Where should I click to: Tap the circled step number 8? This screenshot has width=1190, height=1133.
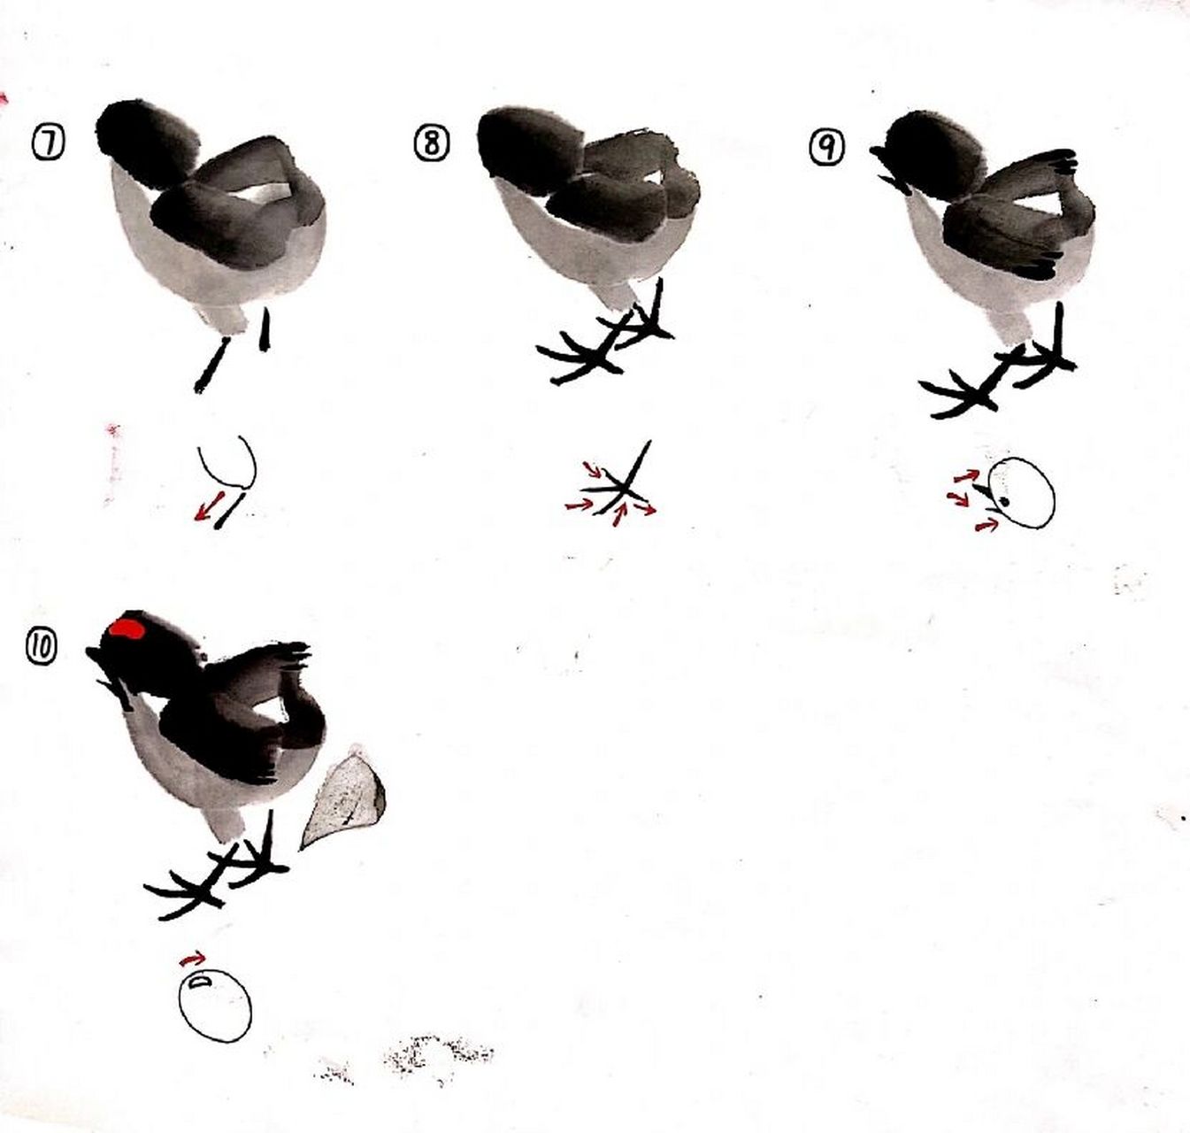[x=431, y=143]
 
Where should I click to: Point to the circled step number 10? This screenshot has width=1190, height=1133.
[x=42, y=648]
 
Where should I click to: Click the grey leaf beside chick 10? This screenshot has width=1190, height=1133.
[x=345, y=797]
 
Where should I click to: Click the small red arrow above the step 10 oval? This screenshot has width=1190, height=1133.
[x=192, y=959]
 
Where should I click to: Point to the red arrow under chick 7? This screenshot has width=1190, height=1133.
[x=208, y=509]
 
